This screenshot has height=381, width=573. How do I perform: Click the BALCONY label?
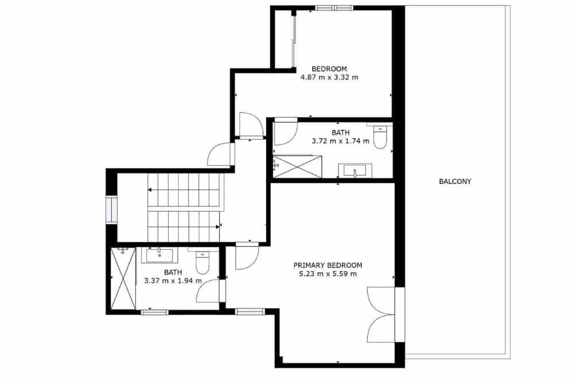click(455, 182)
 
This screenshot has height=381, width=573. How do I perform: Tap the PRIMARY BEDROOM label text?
click(328, 265)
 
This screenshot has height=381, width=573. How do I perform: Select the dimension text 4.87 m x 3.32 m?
click(329, 77)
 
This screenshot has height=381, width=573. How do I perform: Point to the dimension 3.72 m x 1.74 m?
click(340, 141)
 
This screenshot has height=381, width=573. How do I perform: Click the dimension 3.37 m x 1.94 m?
click(173, 281)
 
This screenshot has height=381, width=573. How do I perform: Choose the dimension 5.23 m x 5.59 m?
click(328, 274)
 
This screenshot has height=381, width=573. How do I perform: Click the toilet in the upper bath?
click(380, 136)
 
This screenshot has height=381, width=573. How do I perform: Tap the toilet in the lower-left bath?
click(202, 261)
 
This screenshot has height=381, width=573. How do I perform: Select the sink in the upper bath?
click(355, 170)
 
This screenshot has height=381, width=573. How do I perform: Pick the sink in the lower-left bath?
click(159, 255)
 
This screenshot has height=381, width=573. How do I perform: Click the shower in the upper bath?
click(298, 166)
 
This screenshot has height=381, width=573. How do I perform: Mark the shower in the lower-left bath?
click(123, 278)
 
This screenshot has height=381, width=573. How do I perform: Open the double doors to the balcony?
click(381, 315)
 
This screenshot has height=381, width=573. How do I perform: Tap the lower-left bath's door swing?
click(208, 291)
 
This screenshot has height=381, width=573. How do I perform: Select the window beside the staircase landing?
click(111, 210)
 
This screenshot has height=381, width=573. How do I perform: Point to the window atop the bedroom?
click(334, 7)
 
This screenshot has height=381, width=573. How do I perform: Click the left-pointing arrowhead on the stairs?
click(150, 190)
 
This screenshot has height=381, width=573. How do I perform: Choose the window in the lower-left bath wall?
click(155, 312)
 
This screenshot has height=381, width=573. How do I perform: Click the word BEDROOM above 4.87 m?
click(329, 69)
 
